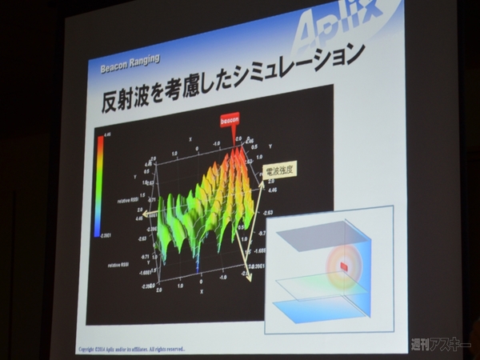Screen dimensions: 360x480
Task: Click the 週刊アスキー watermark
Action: pos(439,345)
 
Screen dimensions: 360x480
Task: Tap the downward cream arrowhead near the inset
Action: pos(248,278)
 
